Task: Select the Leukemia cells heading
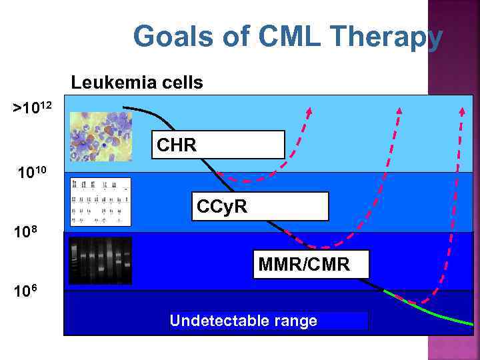137,83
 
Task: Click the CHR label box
218,145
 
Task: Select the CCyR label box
260,207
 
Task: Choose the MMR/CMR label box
311,265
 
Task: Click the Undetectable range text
243,321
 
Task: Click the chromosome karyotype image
101,202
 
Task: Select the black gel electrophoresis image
101,260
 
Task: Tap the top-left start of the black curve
125,107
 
